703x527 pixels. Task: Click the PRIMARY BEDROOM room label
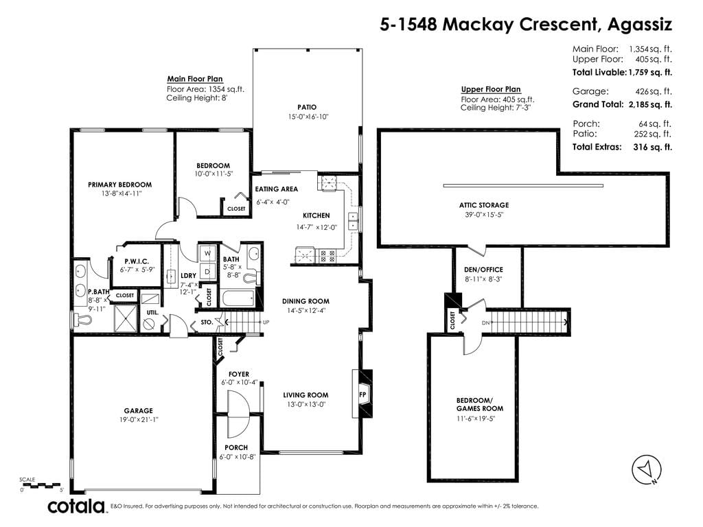119,185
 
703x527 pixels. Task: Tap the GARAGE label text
139,410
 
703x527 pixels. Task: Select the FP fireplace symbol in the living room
362,395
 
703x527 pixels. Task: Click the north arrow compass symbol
647,470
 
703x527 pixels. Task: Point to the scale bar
41,485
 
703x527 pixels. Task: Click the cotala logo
76,506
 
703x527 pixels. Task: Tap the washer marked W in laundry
207,253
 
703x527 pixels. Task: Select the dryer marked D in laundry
207,272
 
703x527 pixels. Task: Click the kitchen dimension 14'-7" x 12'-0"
316,227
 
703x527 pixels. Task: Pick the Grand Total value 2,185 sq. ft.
649,104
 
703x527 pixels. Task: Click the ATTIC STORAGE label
484,205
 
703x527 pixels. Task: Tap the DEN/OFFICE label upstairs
483,270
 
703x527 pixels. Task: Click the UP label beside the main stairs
266,323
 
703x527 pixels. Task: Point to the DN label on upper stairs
485,323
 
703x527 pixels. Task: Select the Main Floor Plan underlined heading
195,80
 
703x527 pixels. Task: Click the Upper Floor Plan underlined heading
490,89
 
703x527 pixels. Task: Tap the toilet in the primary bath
82,320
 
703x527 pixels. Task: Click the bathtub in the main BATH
238,299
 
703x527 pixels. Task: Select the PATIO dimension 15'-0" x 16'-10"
308,117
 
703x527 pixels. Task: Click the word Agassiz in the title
639,25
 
